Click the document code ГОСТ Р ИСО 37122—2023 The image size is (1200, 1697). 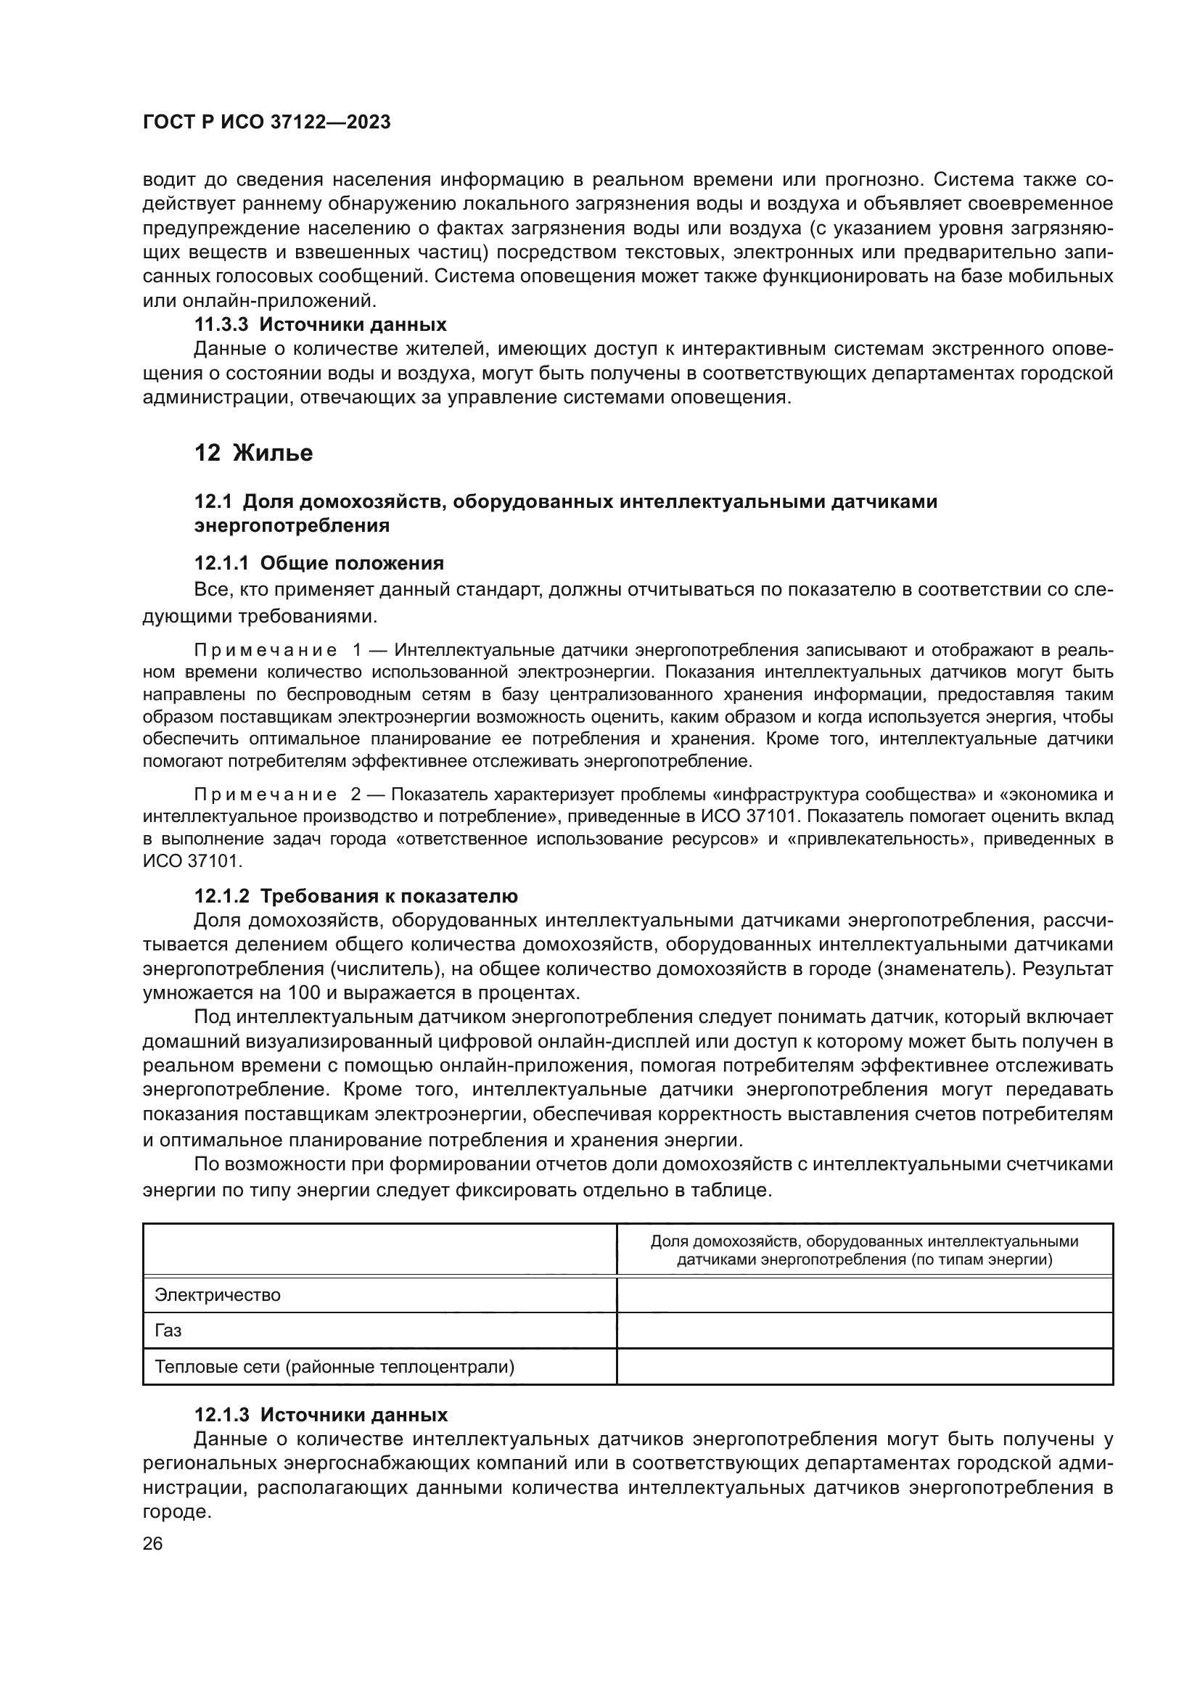[x=267, y=123]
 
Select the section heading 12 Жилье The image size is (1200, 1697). [x=253, y=452]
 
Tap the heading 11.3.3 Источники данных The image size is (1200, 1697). [x=320, y=324]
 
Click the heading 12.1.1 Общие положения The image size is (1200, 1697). [x=319, y=563]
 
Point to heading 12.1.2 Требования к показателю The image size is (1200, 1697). [x=356, y=896]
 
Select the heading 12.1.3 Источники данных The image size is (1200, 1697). [x=321, y=1415]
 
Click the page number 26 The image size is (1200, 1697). [x=153, y=1543]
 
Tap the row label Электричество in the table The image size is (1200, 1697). [x=217, y=1295]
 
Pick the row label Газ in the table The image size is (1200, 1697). [x=168, y=1331]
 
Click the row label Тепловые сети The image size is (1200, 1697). [x=334, y=1367]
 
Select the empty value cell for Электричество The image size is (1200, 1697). [x=865, y=1295]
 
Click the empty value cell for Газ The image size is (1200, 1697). [x=865, y=1331]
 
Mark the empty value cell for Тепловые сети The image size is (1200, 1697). [x=865, y=1367]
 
